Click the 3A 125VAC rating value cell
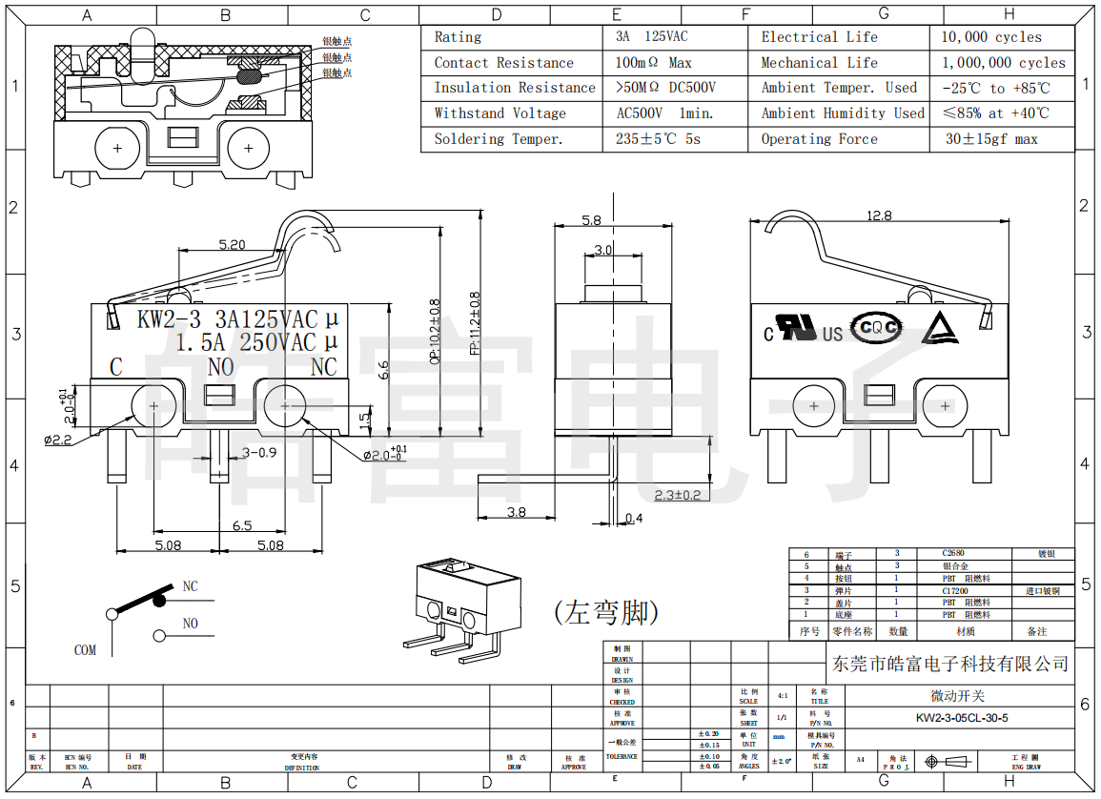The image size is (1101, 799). click(652, 37)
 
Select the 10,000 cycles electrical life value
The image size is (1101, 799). click(991, 37)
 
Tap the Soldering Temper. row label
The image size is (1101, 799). click(499, 139)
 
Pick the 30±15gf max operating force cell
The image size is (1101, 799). click(991, 139)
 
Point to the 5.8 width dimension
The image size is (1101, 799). click(591, 220)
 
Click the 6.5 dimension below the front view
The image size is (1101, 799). click(242, 525)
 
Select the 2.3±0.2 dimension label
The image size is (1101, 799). click(678, 495)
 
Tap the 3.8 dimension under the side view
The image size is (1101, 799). click(516, 512)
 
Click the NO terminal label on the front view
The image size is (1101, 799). click(221, 367)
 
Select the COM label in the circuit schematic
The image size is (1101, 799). click(85, 650)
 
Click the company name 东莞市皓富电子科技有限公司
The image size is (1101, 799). click(949, 664)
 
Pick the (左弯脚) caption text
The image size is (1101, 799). click(606, 611)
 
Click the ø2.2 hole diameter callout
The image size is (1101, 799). click(58, 440)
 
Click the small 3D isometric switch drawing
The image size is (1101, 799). click(461, 604)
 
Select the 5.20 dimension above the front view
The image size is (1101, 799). click(232, 245)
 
